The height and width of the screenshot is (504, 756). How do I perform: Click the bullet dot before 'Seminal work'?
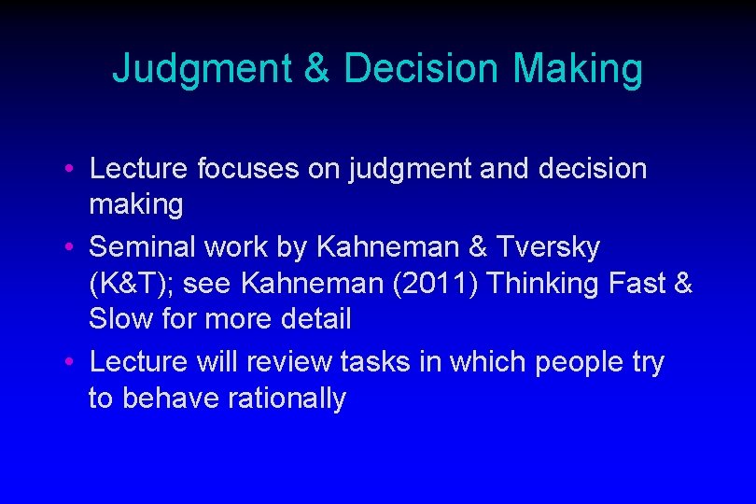click(x=71, y=248)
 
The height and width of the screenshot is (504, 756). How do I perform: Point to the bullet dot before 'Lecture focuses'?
click(x=71, y=170)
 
